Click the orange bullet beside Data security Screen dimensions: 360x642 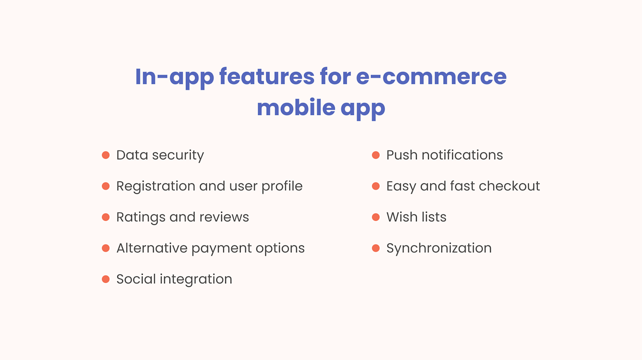pyautogui.click(x=106, y=155)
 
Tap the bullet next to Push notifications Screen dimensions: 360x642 pyautogui.click(x=376, y=155)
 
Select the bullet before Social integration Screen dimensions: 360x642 pyautogui.click(x=106, y=279)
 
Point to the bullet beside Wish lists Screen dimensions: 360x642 pyautogui.click(x=376, y=217)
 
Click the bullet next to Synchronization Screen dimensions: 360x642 pyautogui.click(x=376, y=248)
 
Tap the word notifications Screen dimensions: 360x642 pyautogui.click(x=462, y=155)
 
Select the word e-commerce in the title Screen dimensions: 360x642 pyautogui.click(x=431, y=77)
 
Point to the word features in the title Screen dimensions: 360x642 pyautogui.click(x=267, y=77)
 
